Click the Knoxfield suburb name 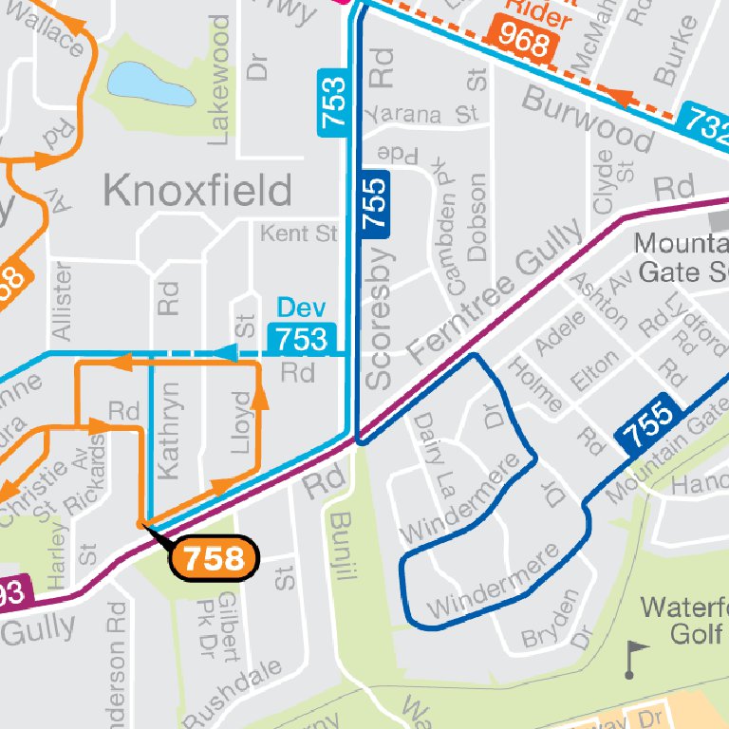pos(196,191)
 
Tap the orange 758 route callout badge pos(215,559)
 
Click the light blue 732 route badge pos(707,122)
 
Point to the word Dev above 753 pos(301,308)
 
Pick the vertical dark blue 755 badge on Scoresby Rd pos(376,204)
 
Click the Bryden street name pos(550,619)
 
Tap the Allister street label pos(63,302)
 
